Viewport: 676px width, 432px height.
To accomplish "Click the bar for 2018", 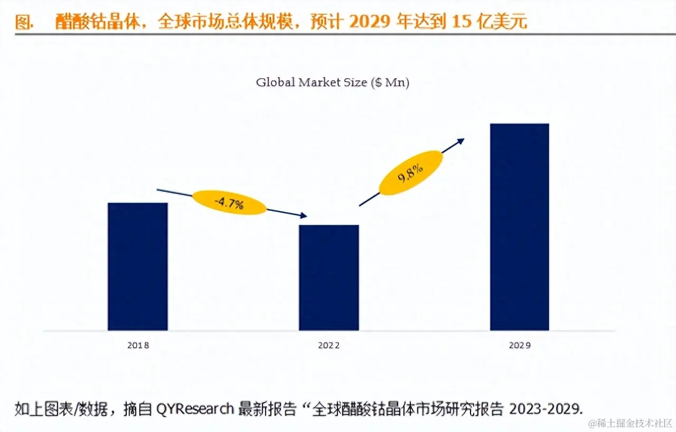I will pyautogui.click(x=137, y=267).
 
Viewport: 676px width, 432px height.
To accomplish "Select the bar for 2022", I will pyautogui.click(x=328, y=278).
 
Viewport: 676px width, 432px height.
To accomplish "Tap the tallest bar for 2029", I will pyautogui.click(x=520, y=227).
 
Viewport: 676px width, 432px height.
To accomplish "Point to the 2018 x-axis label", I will pyautogui.click(x=138, y=345).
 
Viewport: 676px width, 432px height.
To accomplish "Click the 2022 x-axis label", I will pyautogui.click(x=328, y=345).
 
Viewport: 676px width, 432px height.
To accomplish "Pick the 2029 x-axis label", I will pyautogui.click(x=520, y=345).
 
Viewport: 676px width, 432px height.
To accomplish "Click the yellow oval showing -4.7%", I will pyautogui.click(x=229, y=203).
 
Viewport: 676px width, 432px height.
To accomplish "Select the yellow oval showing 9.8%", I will pyautogui.click(x=411, y=173).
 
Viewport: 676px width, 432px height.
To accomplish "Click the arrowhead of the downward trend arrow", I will pyautogui.click(x=303, y=215).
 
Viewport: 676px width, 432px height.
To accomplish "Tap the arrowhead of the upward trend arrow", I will pyautogui.click(x=461, y=140).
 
